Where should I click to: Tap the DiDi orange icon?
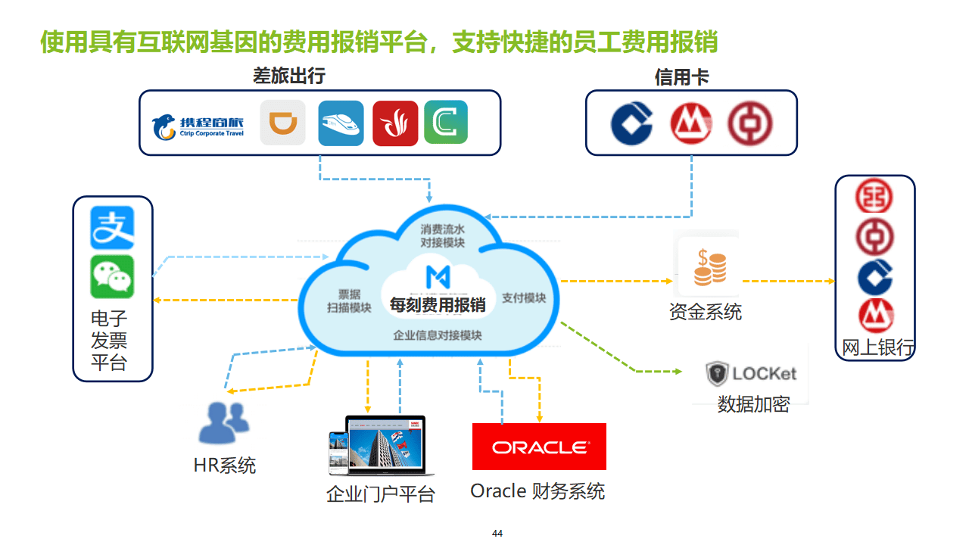point(282,123)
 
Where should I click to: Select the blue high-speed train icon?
point(341,123)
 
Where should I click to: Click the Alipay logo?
point(112,227)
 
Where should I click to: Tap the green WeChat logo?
point(112,276)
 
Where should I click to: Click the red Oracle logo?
point(539,447)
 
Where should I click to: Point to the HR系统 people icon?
point(223,422)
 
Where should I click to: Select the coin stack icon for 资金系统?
point(709,267)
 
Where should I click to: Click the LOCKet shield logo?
point(716,373)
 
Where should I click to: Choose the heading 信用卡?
point(681,77)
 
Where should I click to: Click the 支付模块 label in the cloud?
point(524,298)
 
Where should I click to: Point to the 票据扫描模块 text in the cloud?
point(349,301)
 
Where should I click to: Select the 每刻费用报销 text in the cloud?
point(438,305)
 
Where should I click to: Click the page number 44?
point(497,534)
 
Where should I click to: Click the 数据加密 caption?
point(753,404)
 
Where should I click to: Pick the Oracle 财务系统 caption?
point(537,491)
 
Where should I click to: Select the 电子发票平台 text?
point(109,341)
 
